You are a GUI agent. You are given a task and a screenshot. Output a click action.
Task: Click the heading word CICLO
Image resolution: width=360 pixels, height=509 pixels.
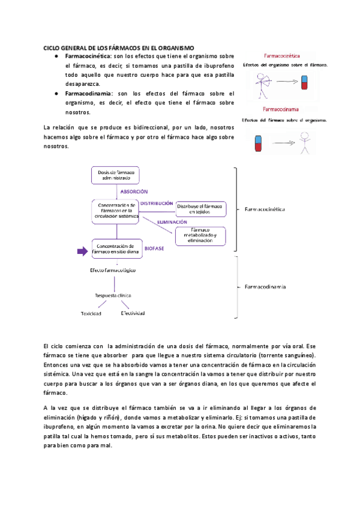[x=53, y=47]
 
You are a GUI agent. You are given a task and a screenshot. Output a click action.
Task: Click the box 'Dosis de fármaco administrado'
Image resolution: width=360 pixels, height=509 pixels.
[x=116, y=175]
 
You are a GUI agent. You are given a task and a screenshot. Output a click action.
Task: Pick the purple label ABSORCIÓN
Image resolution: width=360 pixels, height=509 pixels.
[x=134, y=192]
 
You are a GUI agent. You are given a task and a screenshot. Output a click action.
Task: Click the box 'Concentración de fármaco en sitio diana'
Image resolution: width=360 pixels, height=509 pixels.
[x=116, y=248]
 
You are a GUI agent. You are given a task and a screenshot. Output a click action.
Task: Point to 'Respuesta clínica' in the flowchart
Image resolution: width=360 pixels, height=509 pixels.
[x=113, y=295]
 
